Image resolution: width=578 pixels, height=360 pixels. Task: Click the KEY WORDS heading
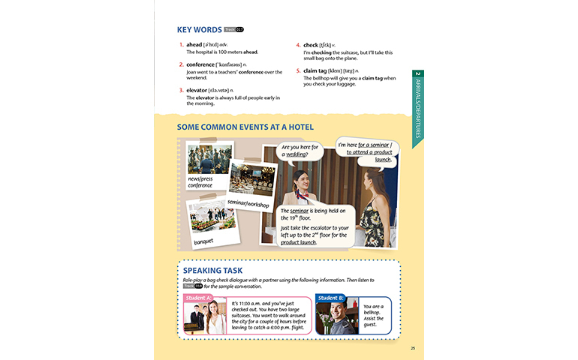click(199, 30)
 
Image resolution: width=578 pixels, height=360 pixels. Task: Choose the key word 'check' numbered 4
click(311, 45)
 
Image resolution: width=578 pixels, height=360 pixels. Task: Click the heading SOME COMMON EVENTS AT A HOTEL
click(245, 127)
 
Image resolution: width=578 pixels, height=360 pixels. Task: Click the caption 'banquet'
click(203, 241)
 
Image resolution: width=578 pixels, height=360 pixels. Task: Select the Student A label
click(198, 298)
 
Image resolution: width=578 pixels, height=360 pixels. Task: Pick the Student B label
click(330, 298)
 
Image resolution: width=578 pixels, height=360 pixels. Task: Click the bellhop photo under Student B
click(337, 318)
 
